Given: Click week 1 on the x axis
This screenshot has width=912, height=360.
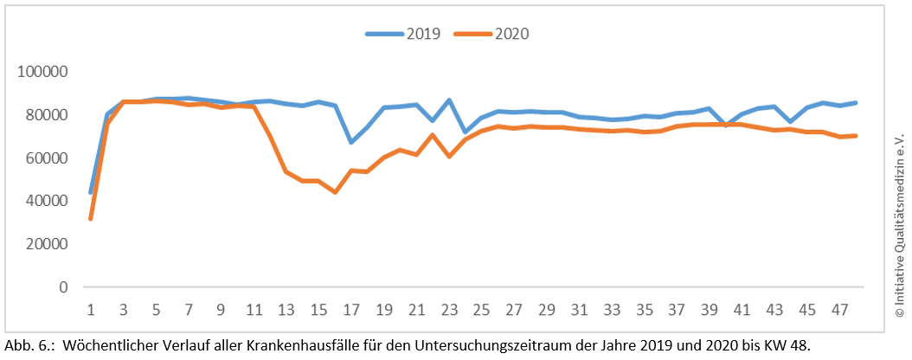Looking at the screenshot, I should [x=91, y=308].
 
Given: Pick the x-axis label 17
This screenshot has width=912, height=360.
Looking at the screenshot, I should [x=351, y=308].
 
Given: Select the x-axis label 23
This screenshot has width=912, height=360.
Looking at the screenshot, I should [x=449, y=308].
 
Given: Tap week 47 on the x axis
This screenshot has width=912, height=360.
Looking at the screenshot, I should [x=839, y=308].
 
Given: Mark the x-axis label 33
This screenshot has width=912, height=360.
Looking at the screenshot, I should [x=612, y=308].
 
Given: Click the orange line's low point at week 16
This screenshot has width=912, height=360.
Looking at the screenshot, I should [x=335, y=192].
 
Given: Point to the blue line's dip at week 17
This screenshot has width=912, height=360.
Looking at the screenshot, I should [x=351, y=142].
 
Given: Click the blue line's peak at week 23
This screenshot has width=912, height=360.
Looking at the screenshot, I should [x=449, y=100].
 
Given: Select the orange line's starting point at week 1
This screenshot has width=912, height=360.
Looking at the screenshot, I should [x=91, y=218].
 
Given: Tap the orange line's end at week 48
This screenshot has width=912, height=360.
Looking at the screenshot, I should [x=856, y=135].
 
